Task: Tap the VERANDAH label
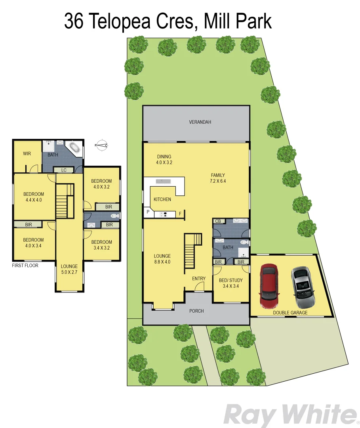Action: coord(200,122)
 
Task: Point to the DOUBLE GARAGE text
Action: coord(290,313)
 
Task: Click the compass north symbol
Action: coord(102,145)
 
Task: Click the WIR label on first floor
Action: coord(27,154)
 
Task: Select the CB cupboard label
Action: coord(218,221)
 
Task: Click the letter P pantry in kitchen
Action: coord(148,212)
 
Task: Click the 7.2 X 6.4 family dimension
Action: coord(218,181)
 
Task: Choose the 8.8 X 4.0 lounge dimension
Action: coord(162,262)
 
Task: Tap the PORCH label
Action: coord(196,311)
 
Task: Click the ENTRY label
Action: coord(199,279)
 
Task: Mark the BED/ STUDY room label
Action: coord(230,280)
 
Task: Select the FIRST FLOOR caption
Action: coord(25,266)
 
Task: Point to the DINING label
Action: coord(164,156)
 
